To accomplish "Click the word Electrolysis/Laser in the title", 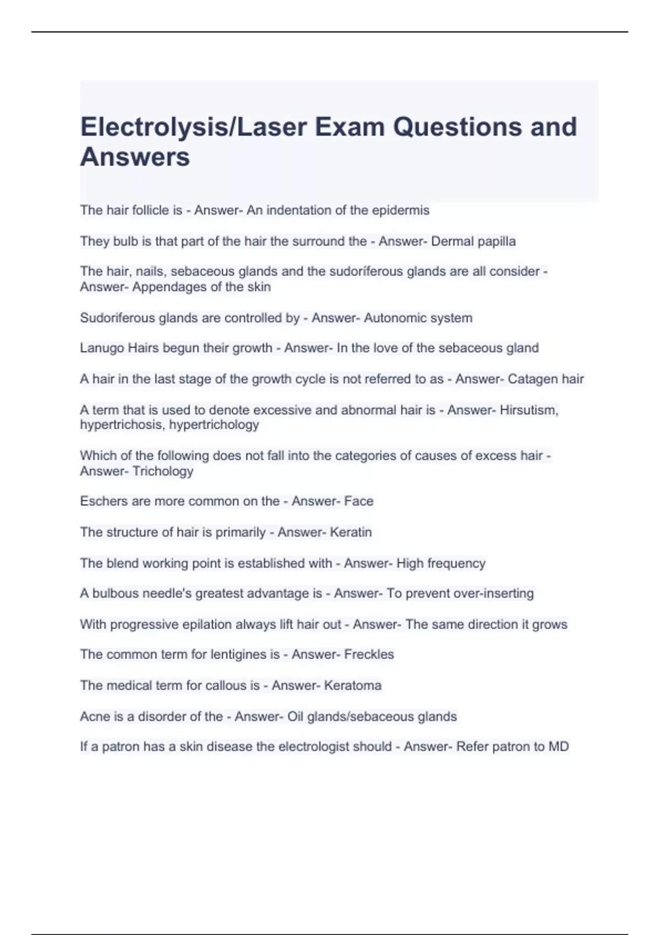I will pos(194,128).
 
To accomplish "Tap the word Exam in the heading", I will pos(349,128).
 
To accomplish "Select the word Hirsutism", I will pos(529,410).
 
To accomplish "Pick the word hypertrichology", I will pos(214,425).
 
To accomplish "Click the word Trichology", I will pos(163,471).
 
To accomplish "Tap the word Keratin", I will pos(350,532).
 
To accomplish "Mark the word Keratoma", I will pos(353,685).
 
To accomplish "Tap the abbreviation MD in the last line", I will pos(558,747).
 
